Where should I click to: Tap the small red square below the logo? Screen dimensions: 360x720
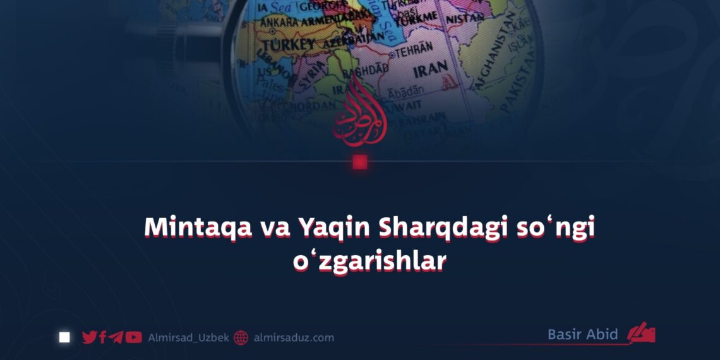point(360,162)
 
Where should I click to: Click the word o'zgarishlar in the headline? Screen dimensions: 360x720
point(369,261)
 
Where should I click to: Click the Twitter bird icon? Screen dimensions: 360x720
point(90,337)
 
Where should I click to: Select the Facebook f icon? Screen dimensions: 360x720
point(102,337)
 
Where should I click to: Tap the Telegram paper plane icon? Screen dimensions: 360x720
point(116,337)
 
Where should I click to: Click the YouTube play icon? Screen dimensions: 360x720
point(133,337)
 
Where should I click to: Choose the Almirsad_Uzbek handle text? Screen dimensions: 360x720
point(188,338)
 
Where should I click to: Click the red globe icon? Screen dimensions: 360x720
point(241,338)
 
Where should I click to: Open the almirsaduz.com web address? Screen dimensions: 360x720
point(294,338)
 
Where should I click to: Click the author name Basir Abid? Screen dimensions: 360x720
point(582,334)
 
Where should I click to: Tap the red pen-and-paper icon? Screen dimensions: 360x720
point(641,334)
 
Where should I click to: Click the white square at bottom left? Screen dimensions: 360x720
point(64,337)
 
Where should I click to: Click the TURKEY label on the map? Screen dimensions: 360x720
point(288,45)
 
